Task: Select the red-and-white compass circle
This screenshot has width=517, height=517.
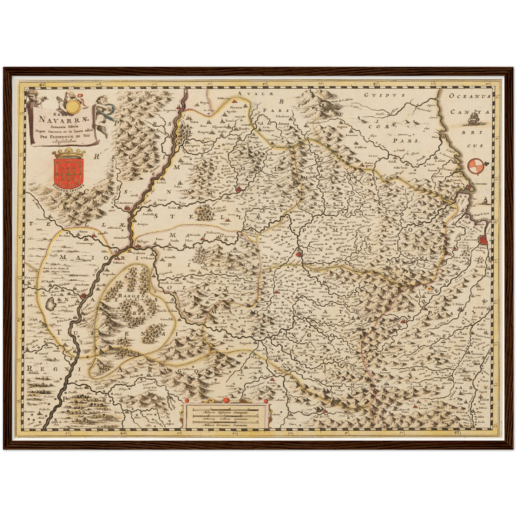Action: coord(474,165)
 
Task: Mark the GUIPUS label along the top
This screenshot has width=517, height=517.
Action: coord(385,95)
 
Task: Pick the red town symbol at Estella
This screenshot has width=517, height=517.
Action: coord(239,189)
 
